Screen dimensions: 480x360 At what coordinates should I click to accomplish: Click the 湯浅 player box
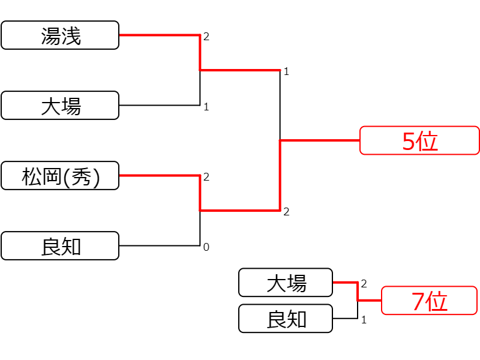tap(60, 35)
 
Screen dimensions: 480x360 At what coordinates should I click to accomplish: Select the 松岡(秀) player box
tap(60, 176)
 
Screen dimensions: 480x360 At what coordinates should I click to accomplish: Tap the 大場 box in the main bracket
tap(60, 106)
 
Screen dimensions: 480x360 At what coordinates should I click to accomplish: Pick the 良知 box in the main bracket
tap(60, 246)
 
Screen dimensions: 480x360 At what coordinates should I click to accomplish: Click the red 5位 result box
tap(419, 140)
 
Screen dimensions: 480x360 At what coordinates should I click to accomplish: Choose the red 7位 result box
tap(429, 301)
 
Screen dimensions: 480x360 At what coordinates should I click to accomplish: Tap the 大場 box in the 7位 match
tap(286, 283)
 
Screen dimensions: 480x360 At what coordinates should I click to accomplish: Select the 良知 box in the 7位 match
tap(286, 319)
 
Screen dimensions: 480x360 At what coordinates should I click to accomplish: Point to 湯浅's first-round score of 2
tap(206, 37)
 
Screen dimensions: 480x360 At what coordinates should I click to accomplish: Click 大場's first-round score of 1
tap(206, 107)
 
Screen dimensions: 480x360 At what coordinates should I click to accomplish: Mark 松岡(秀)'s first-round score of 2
tap(206, 177)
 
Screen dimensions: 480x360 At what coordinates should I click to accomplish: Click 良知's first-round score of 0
tap(206, 247)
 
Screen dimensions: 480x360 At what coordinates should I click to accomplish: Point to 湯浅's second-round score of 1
tap(286, 71)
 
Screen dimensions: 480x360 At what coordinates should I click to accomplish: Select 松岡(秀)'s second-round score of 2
tap(286, 212)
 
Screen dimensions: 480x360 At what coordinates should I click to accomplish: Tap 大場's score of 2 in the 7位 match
tap(364, 284)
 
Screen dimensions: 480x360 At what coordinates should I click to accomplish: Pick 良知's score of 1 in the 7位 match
tap(364, 320)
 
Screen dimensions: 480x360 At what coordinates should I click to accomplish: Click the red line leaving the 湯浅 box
tap(160, 35)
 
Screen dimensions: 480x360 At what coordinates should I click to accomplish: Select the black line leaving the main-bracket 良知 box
tap(160, 246)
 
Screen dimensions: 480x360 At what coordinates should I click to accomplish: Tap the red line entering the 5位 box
tap(320, 140)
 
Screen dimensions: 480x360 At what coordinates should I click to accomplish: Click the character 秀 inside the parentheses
tap(81, 176)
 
